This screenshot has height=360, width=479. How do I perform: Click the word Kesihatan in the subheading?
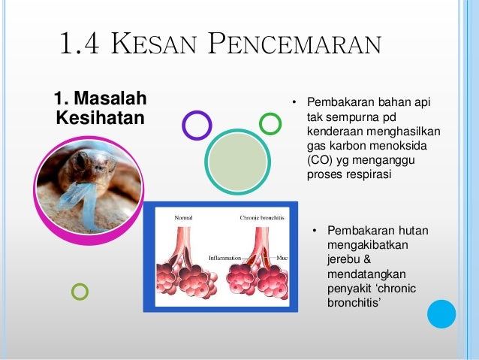tap(100, 119)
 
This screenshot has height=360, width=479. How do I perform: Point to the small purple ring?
tap(197, 126)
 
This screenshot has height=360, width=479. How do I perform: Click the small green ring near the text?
tap(270, 123)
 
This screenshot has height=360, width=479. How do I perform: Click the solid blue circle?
tap(441, 314)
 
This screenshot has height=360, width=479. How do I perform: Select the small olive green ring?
tap(80, 292)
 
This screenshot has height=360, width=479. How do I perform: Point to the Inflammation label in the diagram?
tap(225, 257)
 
